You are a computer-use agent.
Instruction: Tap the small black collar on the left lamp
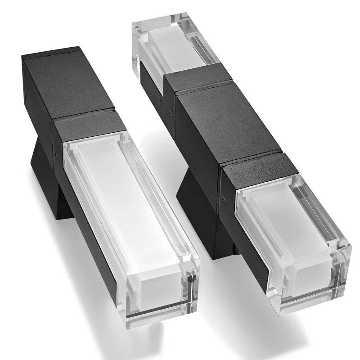point(90,126)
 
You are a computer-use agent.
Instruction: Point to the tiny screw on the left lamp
point(55,153)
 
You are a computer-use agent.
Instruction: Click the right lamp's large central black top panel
point(225,126)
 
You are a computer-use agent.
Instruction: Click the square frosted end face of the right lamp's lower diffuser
point(310,279)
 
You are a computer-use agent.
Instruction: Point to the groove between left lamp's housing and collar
point(83,115)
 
